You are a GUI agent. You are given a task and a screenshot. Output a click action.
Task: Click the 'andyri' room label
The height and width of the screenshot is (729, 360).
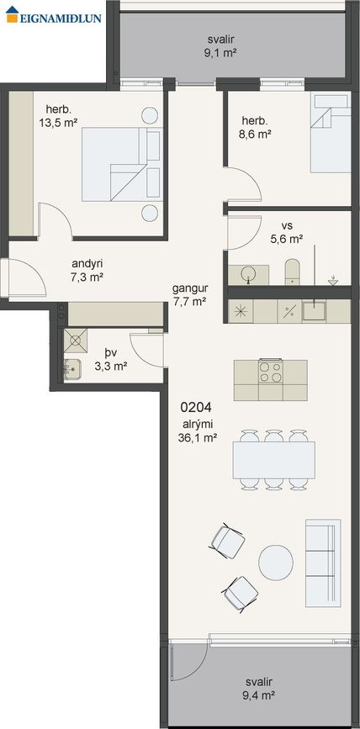click(87, 264)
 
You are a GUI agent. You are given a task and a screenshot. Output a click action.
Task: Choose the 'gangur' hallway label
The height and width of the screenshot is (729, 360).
click(190, 288)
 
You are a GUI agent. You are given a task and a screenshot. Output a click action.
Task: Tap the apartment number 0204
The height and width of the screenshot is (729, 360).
click(196, 408)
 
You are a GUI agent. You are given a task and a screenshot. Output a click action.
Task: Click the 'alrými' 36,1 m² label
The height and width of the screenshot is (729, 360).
click(198, 431)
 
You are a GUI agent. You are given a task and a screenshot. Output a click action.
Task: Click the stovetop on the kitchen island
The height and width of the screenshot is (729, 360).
click(270, 372)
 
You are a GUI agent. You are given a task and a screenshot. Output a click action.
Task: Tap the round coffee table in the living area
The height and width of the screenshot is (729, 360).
click(276, 563)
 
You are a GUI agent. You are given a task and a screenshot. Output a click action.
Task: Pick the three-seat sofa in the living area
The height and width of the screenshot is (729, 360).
click(323, 563)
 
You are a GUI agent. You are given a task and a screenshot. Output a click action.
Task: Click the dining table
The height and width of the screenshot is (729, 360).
click(273, 460)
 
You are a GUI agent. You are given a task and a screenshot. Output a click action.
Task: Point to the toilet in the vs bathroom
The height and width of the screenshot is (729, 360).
click(292, 272)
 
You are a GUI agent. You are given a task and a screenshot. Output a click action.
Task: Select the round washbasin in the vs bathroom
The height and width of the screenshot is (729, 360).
click(249, 275)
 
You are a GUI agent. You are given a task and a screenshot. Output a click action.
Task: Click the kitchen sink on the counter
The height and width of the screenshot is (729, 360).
click(314, 310)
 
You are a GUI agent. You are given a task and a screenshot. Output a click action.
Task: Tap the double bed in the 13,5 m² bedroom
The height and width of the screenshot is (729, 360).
click(122, 164)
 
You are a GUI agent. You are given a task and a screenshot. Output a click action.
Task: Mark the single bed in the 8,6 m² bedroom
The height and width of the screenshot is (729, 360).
click(331, 134)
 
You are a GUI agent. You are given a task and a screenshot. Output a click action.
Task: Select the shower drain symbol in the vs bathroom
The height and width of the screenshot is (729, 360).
click(332, 280)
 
